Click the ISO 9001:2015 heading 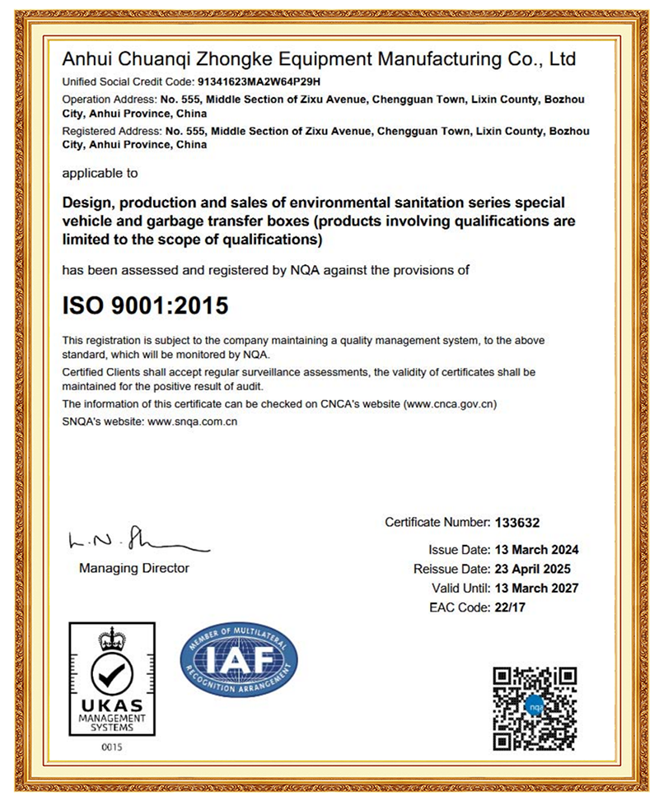(x=145, y=305)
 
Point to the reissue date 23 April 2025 (x=531, y=569)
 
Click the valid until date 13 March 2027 (x=536, y=588)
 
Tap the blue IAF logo (x=238, y=661)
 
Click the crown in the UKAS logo (x=111, y=638)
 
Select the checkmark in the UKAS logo (x=111, y=676)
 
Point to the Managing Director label (x=134, y=568)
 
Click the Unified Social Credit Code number (x=261, y=82)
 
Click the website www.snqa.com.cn (x=192, y=421)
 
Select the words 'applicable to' (x=100, y=174)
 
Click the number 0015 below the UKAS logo (x=111, y=747)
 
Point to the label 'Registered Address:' (x=113, y=131)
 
